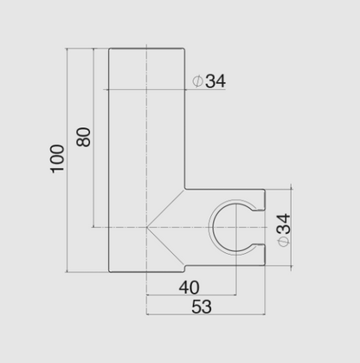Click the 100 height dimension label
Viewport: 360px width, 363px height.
pyautogui.click(x=57, y=158)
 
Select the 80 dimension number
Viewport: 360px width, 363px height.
pyautogui.click(x=84, y=136)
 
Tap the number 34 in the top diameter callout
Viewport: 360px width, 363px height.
pyautogui.click(x=215, y=81)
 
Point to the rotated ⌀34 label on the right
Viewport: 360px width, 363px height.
pyautogui.click(x=284, y=228)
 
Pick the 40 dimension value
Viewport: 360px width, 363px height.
pyautogui.click(x=188, y=287)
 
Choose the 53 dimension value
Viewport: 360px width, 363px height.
pyautogui.click(x=200, y=307)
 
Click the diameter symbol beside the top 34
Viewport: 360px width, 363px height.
pyautogui.click(x=197, y=81)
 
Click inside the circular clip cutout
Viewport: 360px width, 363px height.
pyautogui.click(x=235, y=229)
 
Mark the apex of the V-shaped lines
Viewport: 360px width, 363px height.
pyautogui.click(x=147, y=229)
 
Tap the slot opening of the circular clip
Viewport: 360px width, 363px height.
pyautogui.click(x=260, y=229)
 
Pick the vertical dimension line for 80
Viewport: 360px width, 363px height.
pyautogui.click(x=93, y=139)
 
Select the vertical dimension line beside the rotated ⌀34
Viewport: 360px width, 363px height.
pyautogui.click(x=298, y=229)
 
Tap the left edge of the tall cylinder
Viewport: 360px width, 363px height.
pyautogui.click(x=109, y=156)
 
